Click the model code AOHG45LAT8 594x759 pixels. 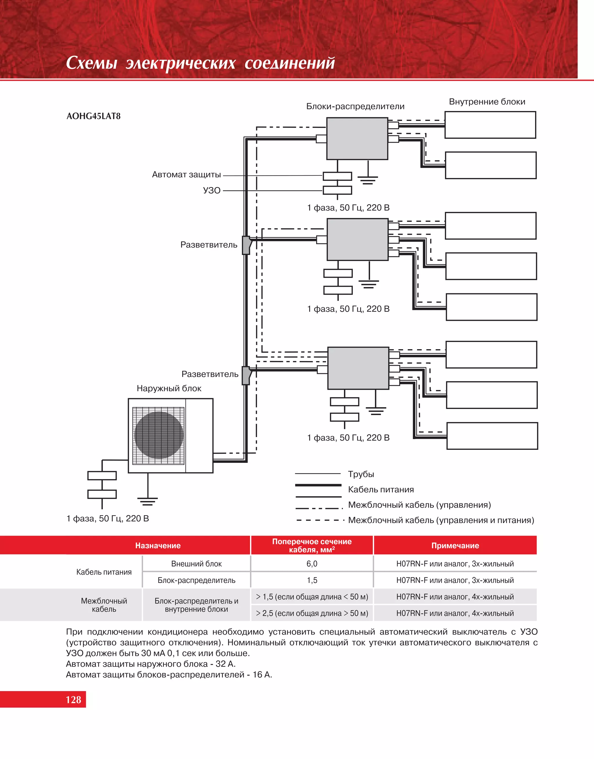(x=93, y=116)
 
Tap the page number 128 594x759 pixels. (x=73, y=700)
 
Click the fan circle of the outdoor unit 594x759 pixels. (x=159, y=435)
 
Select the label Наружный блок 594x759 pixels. (x=169, y=388)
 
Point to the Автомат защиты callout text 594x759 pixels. (x=186, y=175)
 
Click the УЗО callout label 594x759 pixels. (x=212, y=191)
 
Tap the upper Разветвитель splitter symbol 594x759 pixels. (x=246, y=245)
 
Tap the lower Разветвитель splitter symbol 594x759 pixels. (x=246, y=375)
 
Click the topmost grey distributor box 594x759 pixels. (x=357, y=138)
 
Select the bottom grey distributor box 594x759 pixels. (x=358, y=368)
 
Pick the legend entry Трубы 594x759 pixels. (x=361, y=474)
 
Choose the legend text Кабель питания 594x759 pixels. (x=381, y=490)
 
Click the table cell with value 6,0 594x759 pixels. (x=312, y=564)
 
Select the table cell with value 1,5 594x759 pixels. (x=312, y=580)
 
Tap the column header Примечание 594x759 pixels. (x=455, y=546)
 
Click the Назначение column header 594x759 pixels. (x=158, y=546)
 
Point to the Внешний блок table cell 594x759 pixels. (x=196, y=564)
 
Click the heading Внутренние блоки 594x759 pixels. (x=487, y=102)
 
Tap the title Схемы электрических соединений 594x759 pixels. (x=200, y=63)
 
